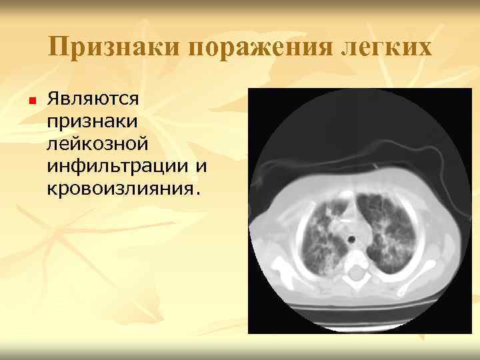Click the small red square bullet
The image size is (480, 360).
click(x=31, y=101)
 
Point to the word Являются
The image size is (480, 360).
click(x=93, y=99)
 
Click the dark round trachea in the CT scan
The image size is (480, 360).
click(x=349, y=237)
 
